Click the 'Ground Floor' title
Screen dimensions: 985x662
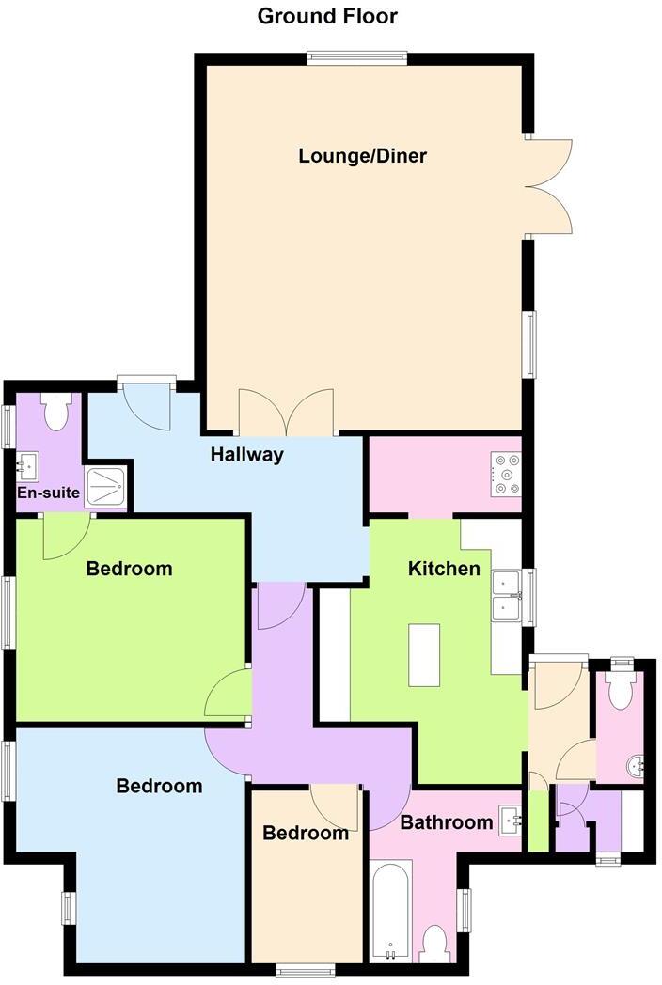327,16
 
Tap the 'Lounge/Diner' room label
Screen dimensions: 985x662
362,156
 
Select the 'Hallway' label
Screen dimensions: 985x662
246,455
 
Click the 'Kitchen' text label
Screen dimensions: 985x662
443,569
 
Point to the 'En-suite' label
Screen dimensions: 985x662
48,492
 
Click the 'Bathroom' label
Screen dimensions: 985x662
447,823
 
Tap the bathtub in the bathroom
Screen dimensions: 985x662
389,910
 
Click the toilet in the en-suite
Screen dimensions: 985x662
57,410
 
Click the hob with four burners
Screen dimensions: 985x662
507,474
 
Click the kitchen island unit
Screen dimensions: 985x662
424,655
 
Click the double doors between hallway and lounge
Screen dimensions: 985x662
286,414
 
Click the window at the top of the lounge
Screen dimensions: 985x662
357,58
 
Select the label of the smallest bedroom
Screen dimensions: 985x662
306,834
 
